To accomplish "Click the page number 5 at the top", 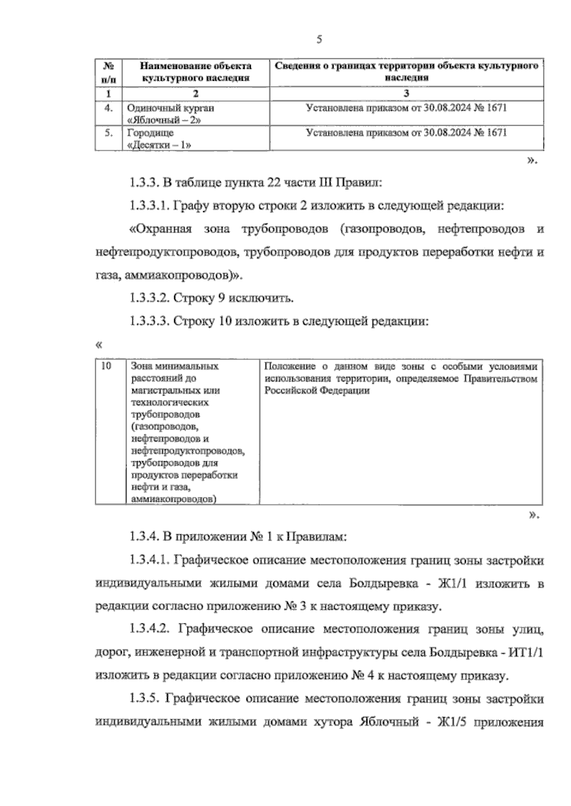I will tap(319, 40).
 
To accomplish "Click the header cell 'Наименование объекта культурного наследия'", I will tap(196, 72).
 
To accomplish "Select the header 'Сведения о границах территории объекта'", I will tap(406, 72).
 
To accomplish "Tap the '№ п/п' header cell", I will tap(108, 72).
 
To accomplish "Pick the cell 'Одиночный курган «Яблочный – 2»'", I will tap(171, 114).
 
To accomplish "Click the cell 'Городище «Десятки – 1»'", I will tap(160, 139).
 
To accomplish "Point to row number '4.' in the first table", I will tap(108, 108).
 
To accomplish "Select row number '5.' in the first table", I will tap(108, 133).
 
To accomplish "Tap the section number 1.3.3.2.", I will tap(148, 298).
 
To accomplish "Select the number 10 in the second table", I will tap(107, 366).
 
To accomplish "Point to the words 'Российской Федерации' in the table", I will tap(317, 391).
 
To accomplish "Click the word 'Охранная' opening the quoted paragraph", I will tap(160, 230).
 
